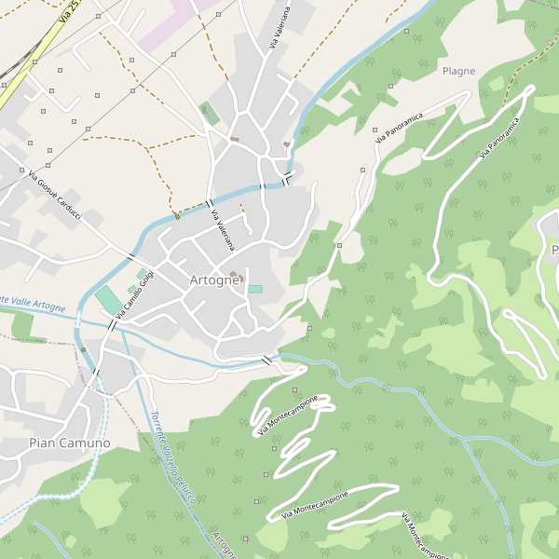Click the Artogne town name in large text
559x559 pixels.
(214, 280)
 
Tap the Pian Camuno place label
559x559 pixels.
(69, 443)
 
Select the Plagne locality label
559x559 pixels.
(458, 71)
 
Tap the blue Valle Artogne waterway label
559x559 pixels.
(32, 305)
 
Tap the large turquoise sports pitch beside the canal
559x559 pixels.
(108, 301)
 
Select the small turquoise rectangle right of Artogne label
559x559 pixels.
(255, 289)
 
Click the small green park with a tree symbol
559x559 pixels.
(211, 114)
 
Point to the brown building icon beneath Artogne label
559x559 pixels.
(233, 275)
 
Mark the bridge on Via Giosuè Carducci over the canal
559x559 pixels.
(131, 258)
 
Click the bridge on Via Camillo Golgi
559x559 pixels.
(115, 324)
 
